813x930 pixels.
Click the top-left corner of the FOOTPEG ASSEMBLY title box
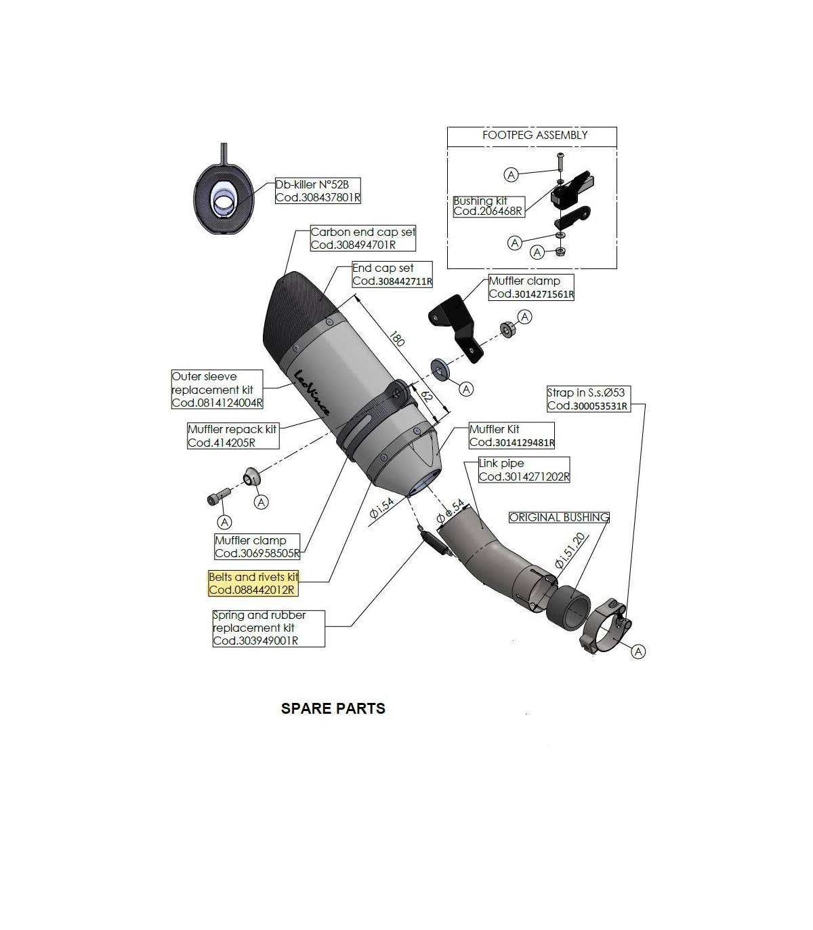point(447,127)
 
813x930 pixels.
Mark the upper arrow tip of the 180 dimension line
point(355,295)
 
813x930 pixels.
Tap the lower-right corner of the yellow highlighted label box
point(298,596)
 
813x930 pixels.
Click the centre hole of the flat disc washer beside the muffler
point(439,369)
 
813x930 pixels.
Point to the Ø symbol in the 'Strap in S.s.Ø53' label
point(608,392)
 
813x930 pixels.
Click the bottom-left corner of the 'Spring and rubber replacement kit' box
point(213,647)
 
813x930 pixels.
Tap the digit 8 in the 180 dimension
point(396,340)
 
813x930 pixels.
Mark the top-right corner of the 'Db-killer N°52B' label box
point(360,178)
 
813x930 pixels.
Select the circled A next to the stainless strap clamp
point(638,651)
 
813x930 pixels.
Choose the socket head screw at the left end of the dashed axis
point(218,496)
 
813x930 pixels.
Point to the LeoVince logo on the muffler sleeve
point(311,392)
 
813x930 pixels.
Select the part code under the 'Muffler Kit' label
point(512,442)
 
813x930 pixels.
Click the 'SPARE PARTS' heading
point(333,708)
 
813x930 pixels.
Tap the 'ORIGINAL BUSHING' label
point(559,517)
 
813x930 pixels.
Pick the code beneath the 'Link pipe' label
point(524,477)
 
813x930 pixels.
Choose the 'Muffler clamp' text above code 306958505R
point(251,540)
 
